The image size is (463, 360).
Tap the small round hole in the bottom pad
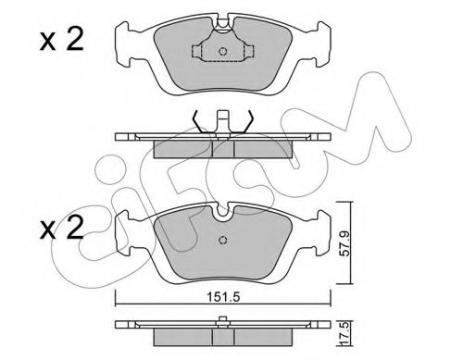pyautogui.click(x=222, y=243)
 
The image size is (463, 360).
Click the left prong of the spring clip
pyautogui.click(x=195, y=120)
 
